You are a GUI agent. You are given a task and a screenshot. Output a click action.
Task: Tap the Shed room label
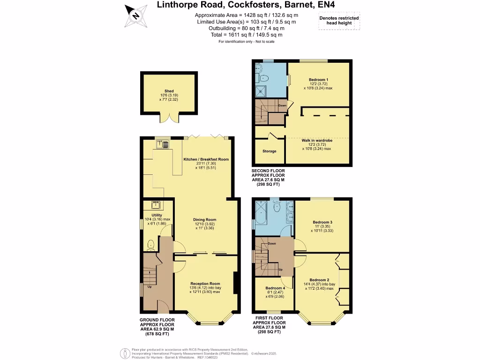169,91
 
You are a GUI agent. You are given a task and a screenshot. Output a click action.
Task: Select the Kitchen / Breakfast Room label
206,159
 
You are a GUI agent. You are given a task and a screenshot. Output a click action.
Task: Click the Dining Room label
205,219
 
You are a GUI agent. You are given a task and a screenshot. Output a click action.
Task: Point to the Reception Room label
205,284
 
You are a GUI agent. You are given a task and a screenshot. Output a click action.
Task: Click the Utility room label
157,215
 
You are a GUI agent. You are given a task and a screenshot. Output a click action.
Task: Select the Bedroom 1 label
318,80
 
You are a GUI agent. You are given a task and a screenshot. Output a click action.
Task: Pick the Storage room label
269,151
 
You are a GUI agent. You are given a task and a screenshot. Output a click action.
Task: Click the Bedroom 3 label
322,222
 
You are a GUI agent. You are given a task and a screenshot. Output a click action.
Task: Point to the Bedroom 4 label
275,288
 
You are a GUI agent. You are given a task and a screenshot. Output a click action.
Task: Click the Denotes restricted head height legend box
339,21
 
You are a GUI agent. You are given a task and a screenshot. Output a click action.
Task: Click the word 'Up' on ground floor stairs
150,286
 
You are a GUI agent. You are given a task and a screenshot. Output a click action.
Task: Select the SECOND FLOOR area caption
268,178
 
